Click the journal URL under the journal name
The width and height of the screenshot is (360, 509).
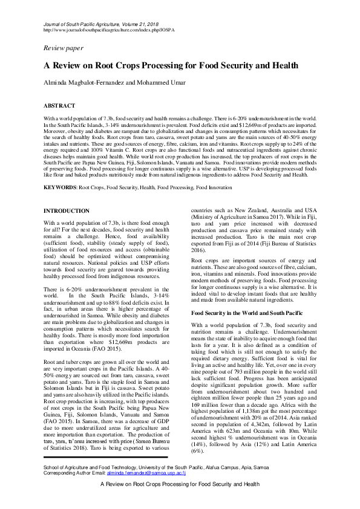click(x=109, y=28)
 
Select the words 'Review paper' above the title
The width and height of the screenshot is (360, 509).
click(x=64, y=47)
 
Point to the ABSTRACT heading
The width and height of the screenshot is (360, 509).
click(x=59, y=105)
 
